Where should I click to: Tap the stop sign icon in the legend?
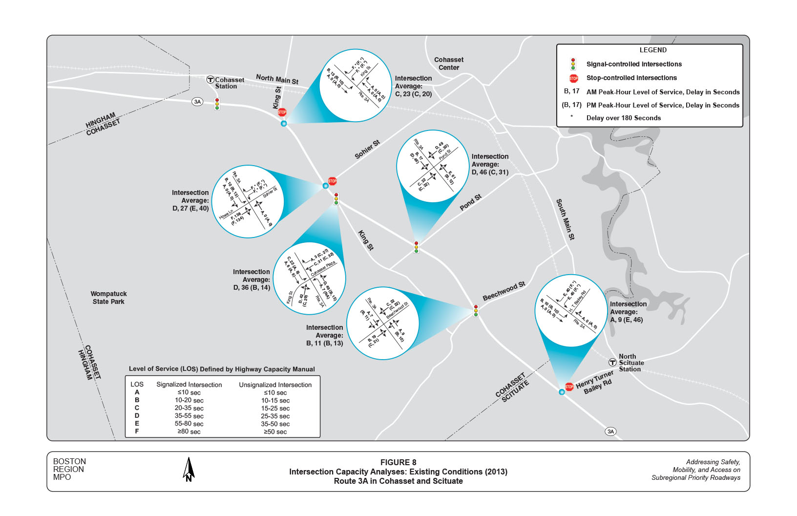click(x=573, y=78)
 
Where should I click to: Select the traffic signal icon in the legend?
click(x=573, y=64)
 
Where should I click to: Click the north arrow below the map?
click(x=189, y=470)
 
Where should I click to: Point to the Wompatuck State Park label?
click(x=108, y=298)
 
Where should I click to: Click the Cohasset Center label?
click(x=449, y=64)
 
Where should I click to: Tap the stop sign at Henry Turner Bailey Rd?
click(x=569, y=387)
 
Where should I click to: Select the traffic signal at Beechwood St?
click(x=476, y=311)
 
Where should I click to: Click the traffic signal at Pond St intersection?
click(x=416, y=247)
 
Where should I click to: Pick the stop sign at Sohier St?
click(x=333, y=181)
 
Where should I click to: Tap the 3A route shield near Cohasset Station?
click(x=197, y=102)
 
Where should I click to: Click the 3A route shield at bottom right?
click(x=610, y=431)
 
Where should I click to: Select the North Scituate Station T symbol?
click(x=612, y=363)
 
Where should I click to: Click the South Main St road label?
click(x=566, y=219)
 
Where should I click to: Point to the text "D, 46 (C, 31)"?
click(x=490, y=172)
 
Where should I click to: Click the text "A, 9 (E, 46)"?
click(x=627, y=320)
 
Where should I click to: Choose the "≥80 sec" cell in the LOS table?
click(x=189, y=431)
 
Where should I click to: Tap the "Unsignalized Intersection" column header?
click(x=275, y=385)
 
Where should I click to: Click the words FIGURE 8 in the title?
click(x=398, y=462)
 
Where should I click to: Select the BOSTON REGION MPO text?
click(x=69, y=469)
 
